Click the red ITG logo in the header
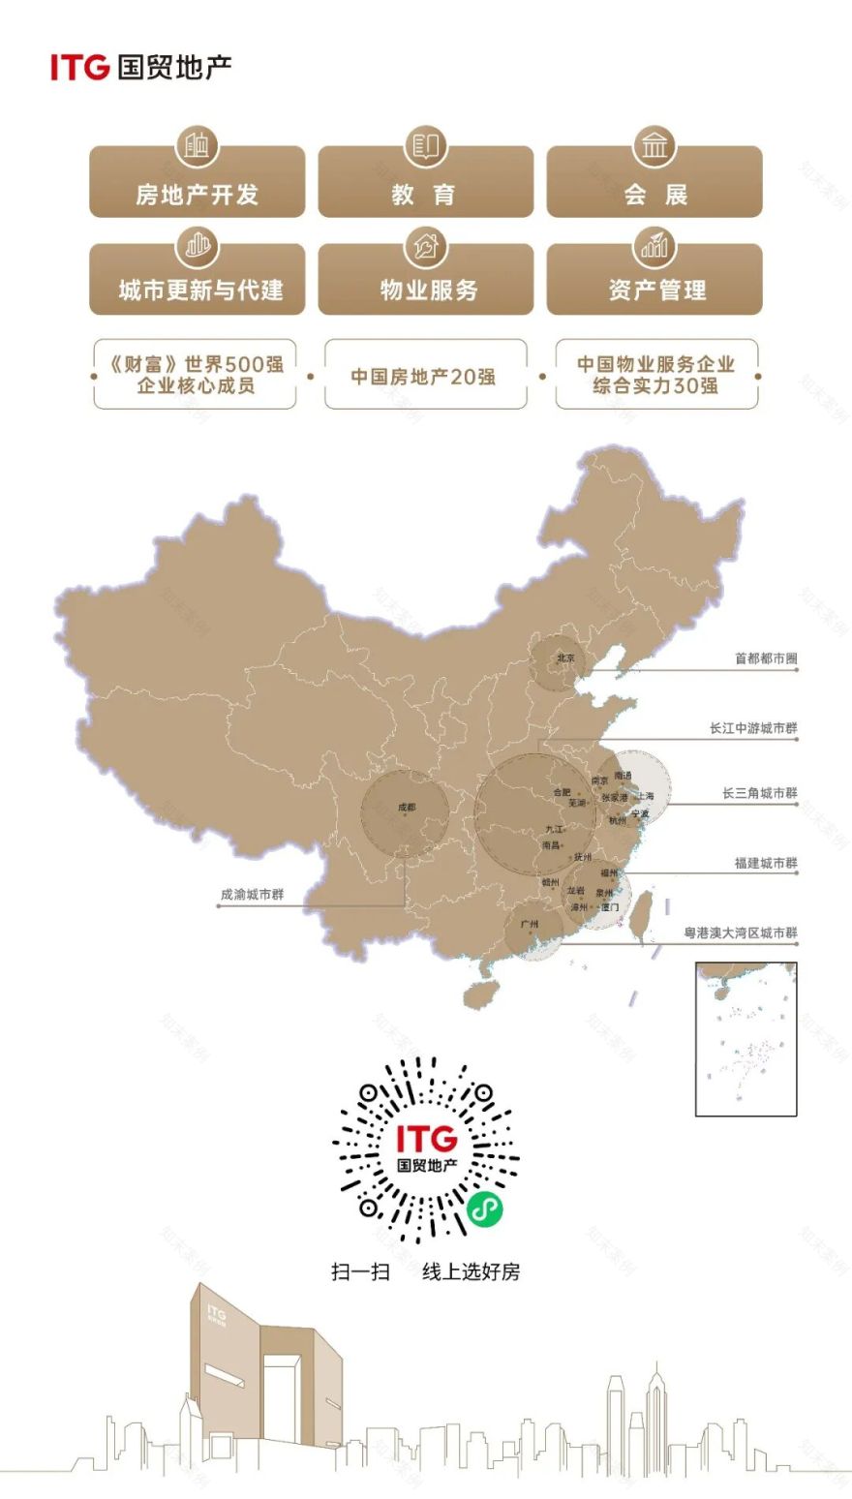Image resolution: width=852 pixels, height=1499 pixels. [79, 67]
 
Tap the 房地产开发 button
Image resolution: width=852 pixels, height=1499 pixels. [197, 193]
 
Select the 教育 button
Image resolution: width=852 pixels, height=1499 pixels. [425, 193]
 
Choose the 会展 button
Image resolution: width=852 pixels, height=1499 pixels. [654, 193]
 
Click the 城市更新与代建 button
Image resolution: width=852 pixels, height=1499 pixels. [197, 289]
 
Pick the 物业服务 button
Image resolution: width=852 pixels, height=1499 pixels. [425, 289]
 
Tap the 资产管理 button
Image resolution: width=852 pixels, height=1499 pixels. [654, 289]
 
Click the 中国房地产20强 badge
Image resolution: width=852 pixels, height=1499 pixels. [425, 376]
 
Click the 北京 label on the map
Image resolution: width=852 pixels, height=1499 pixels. [565, 658]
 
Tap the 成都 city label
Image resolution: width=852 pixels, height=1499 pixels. [407, 807]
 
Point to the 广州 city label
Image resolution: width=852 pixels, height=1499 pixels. [530, 924]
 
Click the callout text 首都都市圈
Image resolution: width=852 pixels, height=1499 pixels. [765, 658]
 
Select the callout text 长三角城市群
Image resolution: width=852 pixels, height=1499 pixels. [759, 793]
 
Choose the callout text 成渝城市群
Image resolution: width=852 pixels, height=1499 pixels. [253, 895]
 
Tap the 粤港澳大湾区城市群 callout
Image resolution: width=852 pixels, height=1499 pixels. [741, 933]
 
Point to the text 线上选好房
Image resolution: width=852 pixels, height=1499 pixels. [471, 1271]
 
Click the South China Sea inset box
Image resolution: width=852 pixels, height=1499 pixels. [745, 1038]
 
